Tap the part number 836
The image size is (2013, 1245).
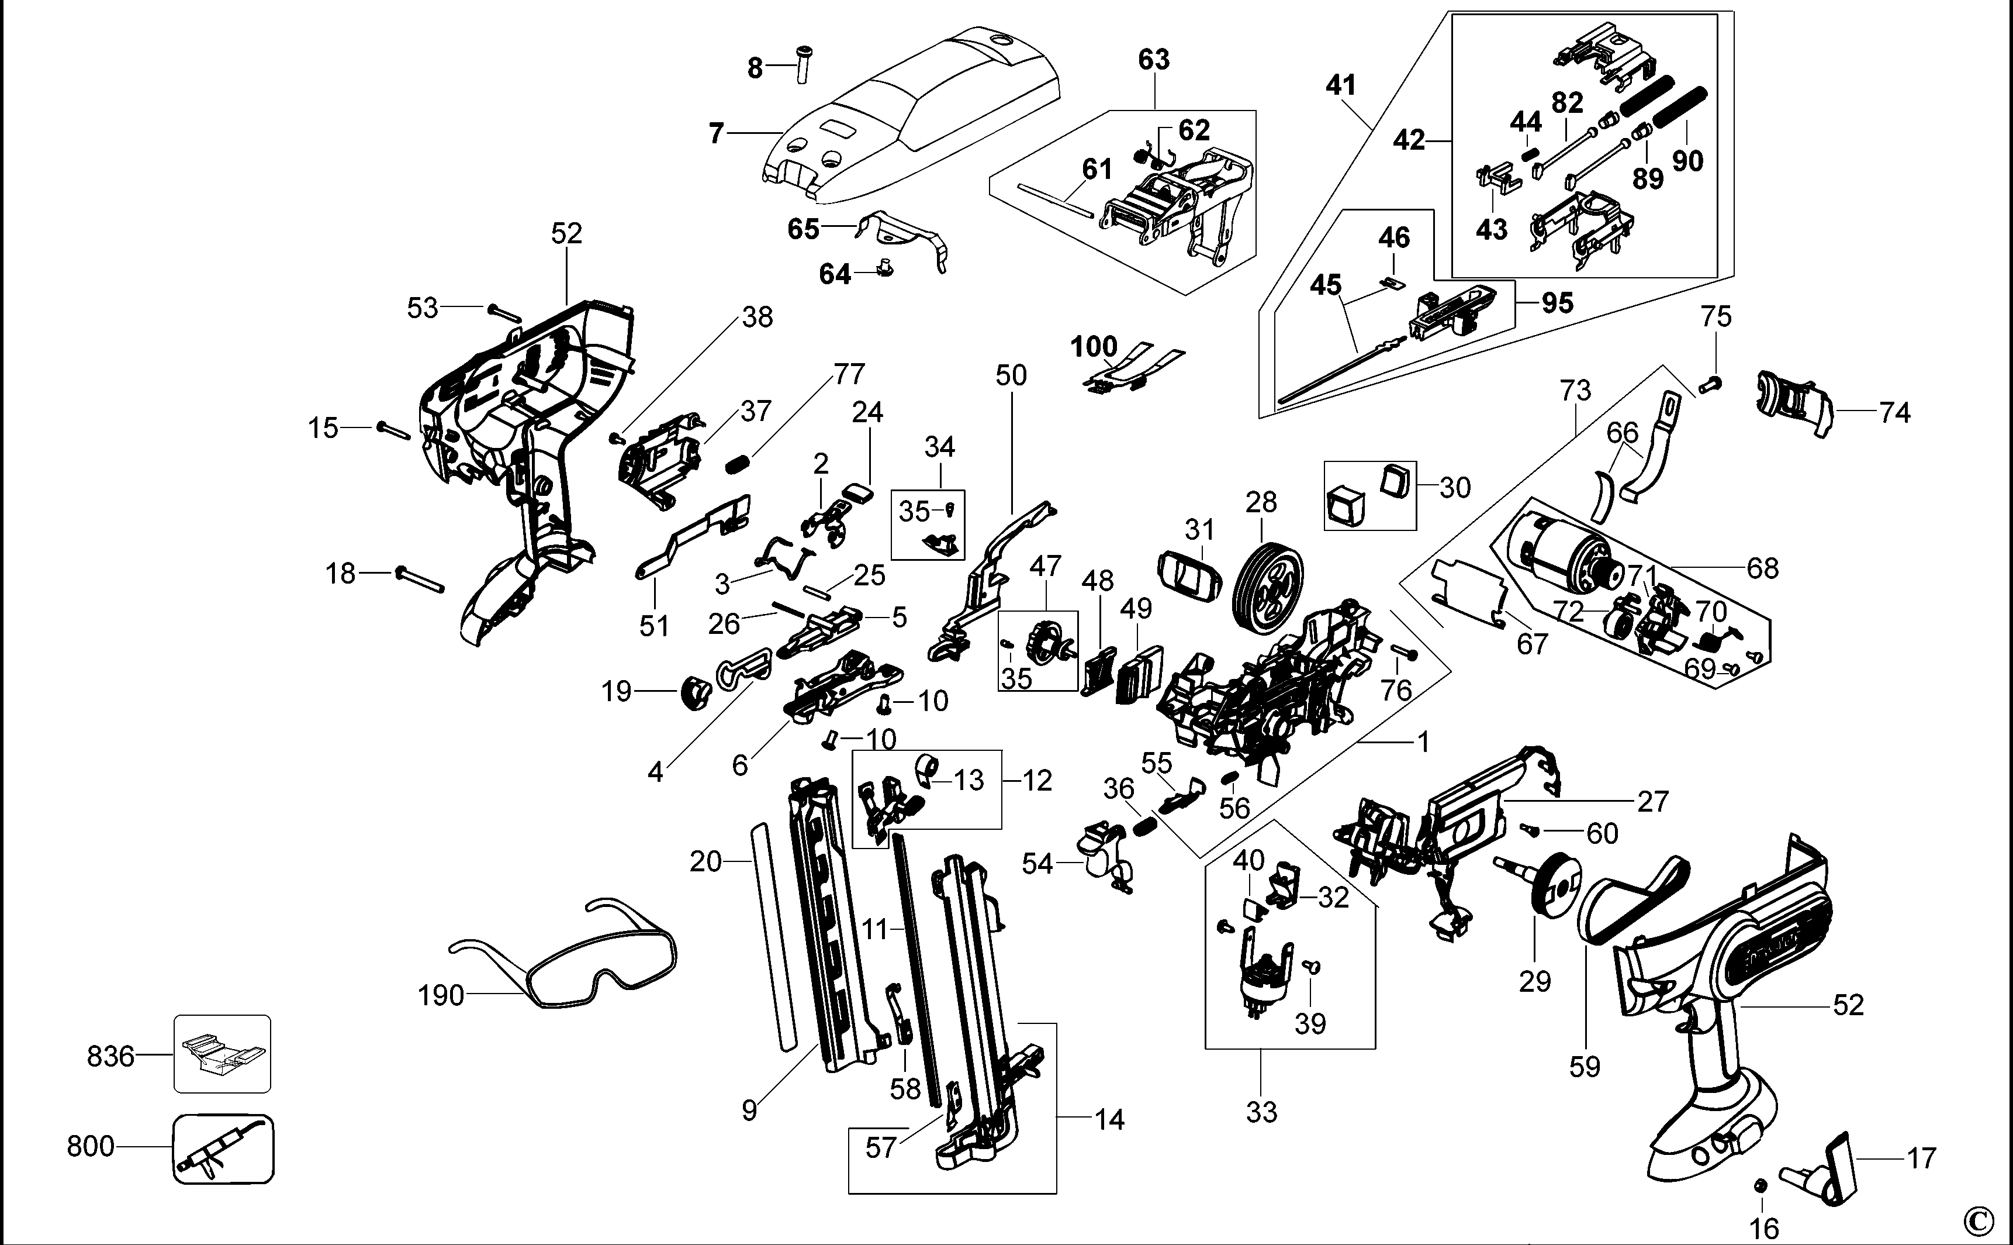click(x=110, y=1056)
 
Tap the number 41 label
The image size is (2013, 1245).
click(x=1341, y=85)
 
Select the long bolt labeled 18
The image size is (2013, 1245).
click(x=420, y=579)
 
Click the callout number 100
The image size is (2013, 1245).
click(x=1094, y=347)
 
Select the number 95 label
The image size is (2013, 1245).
click(x=1557, y=303)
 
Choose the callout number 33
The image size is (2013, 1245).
click(x=1261, y=1112)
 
